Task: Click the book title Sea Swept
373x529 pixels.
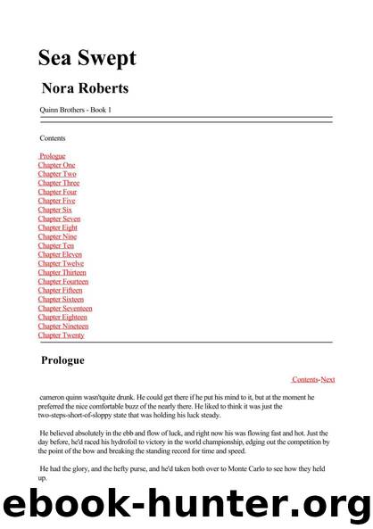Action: click(87, 58)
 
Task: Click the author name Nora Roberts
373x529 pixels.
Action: click(86, 89)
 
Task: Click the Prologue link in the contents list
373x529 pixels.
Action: click(53, 156)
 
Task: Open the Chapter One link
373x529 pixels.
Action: click(56, 165)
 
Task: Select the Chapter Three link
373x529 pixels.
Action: click(59, 183)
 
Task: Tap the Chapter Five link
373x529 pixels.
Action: click(57, 201)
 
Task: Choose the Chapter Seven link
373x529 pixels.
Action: click(60, 219)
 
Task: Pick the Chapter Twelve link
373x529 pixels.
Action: click(61, 263)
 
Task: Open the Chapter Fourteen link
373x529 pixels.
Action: click(63, 281)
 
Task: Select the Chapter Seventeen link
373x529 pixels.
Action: click(65, 308)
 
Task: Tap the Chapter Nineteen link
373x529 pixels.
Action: click(62, 326)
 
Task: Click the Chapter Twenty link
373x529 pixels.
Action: click(61, 335)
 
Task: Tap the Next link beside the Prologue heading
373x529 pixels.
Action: click(327, 379)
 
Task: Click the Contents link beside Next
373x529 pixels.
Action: click(305, 379)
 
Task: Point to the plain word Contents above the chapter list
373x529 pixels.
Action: click(53, 138)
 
